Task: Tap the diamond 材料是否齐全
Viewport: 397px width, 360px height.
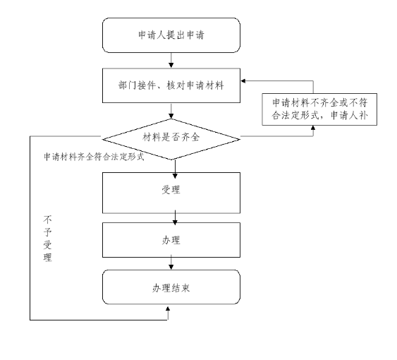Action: pos(171,136)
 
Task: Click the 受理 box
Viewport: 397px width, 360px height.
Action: pos(171,191)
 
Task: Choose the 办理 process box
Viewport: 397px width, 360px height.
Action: pos(171,241)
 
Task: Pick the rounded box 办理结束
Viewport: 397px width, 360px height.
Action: pos(171,288)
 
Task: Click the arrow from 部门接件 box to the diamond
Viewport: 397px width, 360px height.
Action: pos(171,110)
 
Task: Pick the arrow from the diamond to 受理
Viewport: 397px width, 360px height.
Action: pos(171,165)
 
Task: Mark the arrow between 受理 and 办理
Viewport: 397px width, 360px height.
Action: pos(171,217)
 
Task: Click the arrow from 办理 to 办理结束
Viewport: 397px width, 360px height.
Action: pos(171,265)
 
